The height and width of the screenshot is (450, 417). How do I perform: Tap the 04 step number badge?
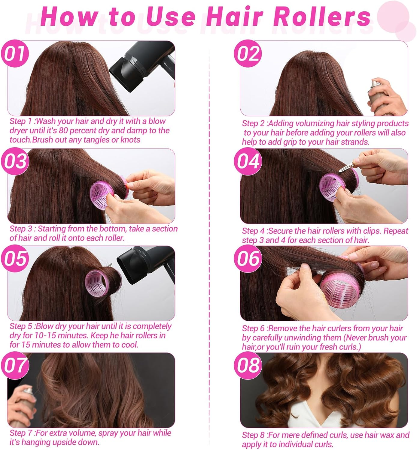coord(248,161)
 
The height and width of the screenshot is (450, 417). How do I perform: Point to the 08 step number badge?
coord(248,366)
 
